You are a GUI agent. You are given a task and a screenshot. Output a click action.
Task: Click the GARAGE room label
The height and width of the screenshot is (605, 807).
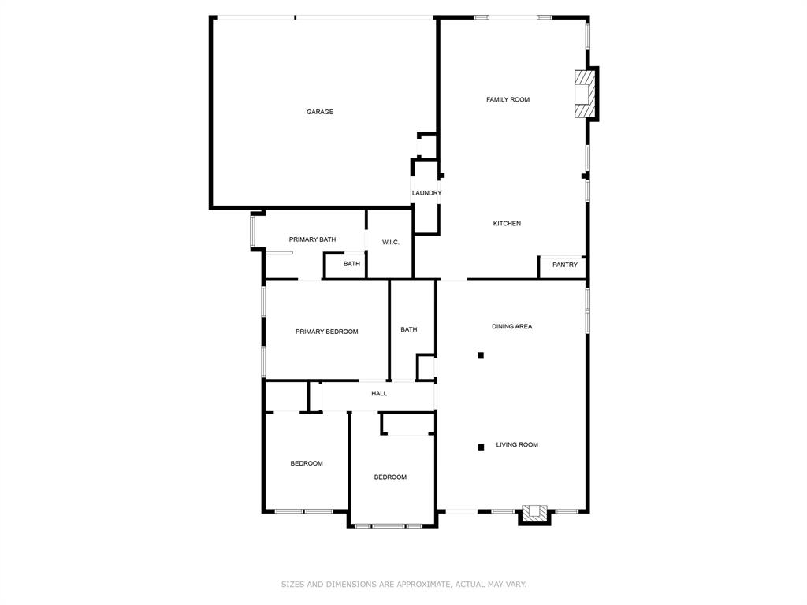[320, 112]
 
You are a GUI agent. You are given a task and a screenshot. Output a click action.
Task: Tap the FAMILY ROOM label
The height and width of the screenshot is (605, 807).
[508, 99]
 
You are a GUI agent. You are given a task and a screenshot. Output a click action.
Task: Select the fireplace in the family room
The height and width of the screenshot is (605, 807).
[584, 95]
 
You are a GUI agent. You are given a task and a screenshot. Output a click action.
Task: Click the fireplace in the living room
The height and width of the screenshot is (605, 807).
[535, 513]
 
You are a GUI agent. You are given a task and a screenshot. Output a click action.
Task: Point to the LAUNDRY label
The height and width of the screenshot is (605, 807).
[426, 193]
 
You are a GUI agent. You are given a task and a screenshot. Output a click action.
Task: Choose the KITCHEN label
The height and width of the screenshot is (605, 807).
[507, 224]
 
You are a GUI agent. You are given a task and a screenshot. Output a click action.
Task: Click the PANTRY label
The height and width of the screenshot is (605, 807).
[564, 265]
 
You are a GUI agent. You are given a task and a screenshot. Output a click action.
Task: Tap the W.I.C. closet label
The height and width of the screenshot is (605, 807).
[391, 242]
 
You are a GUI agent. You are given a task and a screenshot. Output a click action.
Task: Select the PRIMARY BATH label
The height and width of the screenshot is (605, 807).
[312, 239]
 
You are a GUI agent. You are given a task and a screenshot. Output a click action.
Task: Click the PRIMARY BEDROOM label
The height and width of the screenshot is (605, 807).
[326, 332]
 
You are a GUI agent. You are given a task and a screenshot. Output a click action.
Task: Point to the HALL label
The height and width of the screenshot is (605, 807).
[379, 393]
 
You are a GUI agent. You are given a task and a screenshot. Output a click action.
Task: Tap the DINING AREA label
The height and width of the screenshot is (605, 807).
[511, 326]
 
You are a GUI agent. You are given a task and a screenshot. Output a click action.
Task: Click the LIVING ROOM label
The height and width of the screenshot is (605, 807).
[517, 444]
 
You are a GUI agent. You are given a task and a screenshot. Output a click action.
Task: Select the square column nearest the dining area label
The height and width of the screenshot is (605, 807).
[481, 355]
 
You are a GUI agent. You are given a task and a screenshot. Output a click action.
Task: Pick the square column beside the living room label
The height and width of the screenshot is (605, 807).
[481, 447]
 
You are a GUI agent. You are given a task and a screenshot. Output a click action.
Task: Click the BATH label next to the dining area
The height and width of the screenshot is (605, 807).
[408, 329]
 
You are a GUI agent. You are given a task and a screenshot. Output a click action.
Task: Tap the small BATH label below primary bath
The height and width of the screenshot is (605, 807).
[351, 264]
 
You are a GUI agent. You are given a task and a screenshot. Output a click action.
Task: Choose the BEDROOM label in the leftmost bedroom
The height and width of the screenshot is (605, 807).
[307, 463]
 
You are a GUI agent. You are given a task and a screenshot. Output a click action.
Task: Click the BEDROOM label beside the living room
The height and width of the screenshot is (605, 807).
[390, 477]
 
